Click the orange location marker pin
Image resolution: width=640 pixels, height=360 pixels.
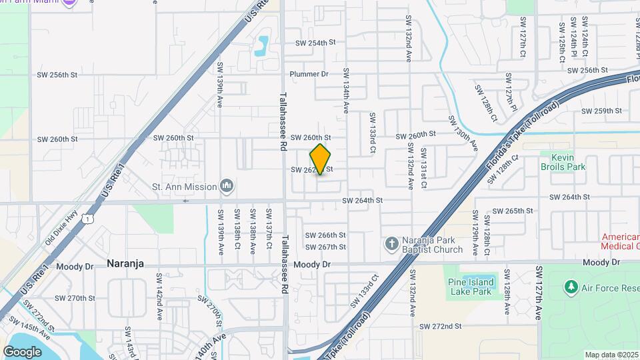pyautogui.click(x=321, y=159)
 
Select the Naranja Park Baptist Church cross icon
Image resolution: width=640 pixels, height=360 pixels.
pyautogui.click(x=392, y=244)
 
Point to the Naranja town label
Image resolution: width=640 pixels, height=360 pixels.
pyautogui.click(x=125, y=264)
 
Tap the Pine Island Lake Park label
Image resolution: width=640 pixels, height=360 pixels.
pyautogui.click(x=471, y=287)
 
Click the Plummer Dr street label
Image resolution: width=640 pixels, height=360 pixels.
pyautogui.click(x=309, y=74)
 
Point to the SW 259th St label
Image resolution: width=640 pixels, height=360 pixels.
pyautogui.click(x=602, y=111)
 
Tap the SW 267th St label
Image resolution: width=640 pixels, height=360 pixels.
pyautogui.click(x=325, y=247)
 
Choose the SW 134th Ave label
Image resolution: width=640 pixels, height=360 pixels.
pyautogui.click(x=346, y=90)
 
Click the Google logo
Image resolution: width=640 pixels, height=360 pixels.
pyautogui.click(x=23, y=352)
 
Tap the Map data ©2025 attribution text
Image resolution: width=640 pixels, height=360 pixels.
pyautogui.click(x=611, y=355)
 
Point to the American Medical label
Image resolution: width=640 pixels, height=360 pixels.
pyautogui.click(x=620, y=241)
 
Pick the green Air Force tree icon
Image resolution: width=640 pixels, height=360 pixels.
pyautogui.click(x=570, y=287)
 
